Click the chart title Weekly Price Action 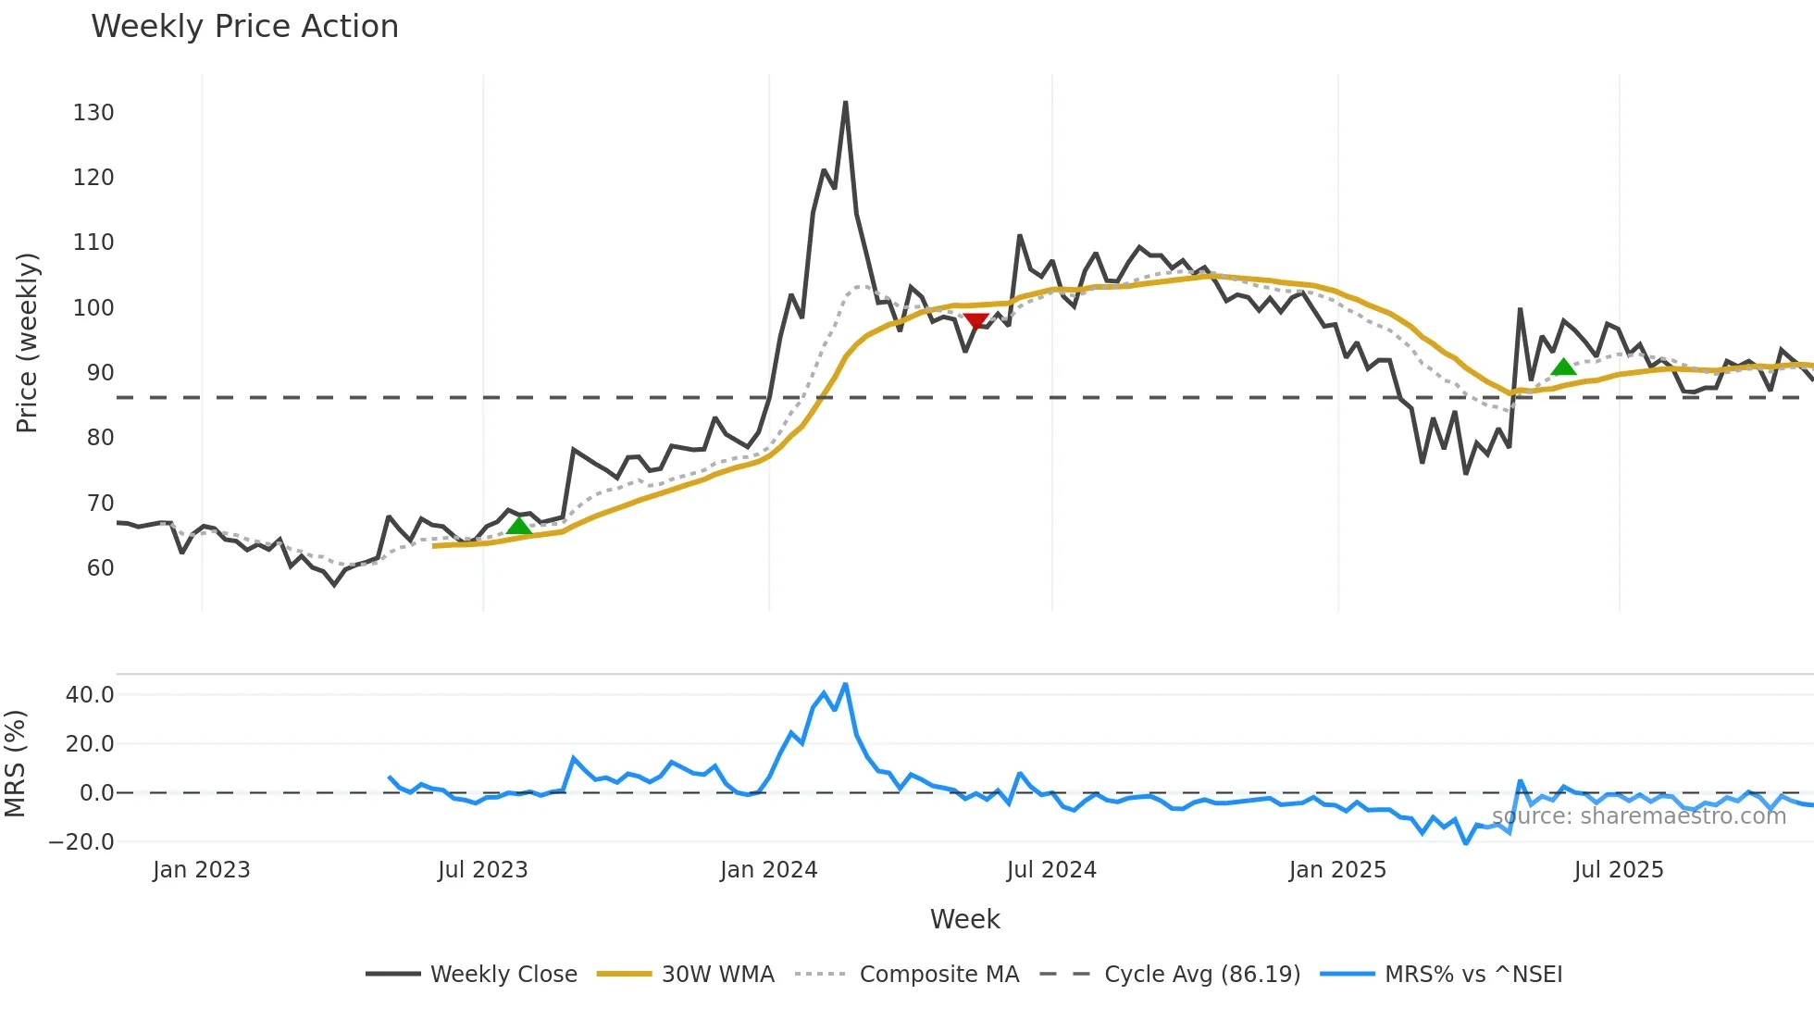click(x=244, y=27)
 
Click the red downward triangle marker click(x=975, y=320)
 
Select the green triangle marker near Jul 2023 click(x=519, y=526)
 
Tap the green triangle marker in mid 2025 click(x=1563, y=367)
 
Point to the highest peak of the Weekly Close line click(x=845, y=103)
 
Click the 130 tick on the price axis click(x=93, y=113)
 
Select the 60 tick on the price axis click(x=100, y=568)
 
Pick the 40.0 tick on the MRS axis click(x=90, y=695)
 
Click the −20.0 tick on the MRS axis click(x=81, y=842)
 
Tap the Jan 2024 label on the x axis click(x=768, y=870)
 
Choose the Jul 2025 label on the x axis click(x=1618, y=870)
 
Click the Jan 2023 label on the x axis click(x=201, y=870)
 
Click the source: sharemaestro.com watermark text click(x=1638, y=816)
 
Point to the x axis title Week click(x=964, y=919)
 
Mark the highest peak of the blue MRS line click(x=845, y=685)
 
